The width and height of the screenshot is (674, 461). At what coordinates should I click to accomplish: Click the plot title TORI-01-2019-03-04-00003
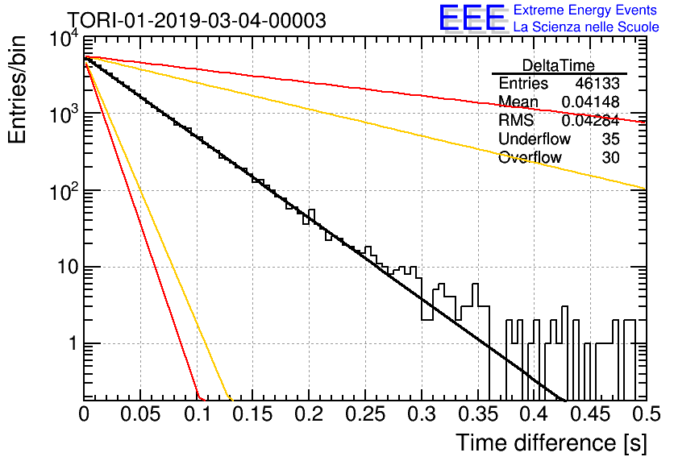[198, 20]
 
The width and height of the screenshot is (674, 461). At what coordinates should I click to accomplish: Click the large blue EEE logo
[472, 18]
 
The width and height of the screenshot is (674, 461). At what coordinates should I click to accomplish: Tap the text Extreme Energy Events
[585, 10]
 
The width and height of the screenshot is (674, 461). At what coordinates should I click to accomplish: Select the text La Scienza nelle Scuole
[586, 27]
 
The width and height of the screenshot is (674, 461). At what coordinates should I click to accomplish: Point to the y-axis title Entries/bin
[17, 89]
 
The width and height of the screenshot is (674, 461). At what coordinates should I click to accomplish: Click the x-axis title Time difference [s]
[551, 442]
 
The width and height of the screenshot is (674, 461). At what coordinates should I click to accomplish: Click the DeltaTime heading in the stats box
[559, 65]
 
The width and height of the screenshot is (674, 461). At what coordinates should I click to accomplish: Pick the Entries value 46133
[597, 83]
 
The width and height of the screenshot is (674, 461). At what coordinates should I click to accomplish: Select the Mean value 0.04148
[591, 102]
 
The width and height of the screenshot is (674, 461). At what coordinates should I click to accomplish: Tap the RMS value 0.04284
[591, 120]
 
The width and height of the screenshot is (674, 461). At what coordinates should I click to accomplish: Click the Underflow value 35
[611, 139]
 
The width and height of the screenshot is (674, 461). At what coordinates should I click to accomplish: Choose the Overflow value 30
[611, 157]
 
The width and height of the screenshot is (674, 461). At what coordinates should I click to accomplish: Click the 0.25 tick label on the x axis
[365, 414]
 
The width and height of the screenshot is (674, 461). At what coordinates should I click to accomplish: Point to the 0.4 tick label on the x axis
[534, 414]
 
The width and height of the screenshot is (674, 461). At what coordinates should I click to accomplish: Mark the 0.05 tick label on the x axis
[140, 414]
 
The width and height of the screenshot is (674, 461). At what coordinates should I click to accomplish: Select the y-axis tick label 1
[73, 343]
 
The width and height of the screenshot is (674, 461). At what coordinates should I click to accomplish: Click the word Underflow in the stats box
[535, 139]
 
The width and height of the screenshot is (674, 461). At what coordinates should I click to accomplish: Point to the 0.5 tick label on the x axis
[646, 414]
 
